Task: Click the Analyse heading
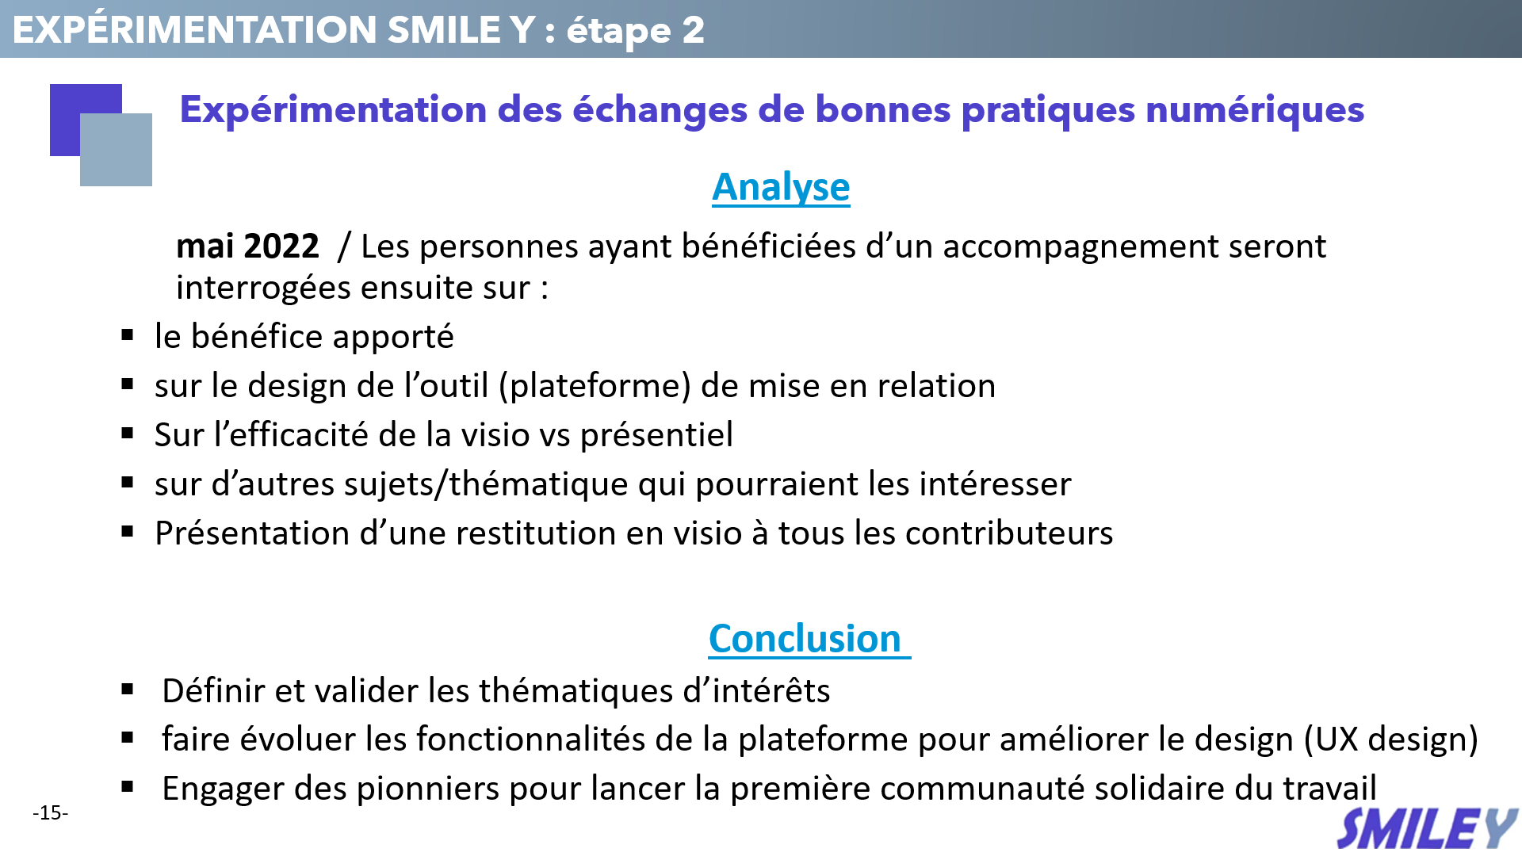781,189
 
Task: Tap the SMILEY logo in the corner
1427,830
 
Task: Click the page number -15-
51,812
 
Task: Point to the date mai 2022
247,246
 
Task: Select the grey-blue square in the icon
116,150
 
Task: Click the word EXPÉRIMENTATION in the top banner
195,29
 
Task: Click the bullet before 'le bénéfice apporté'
128,335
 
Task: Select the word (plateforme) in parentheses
595,386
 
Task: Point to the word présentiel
656,435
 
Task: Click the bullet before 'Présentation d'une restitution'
128,532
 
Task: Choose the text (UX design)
1391,739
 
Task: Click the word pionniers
428,789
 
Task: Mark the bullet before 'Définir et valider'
128,690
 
